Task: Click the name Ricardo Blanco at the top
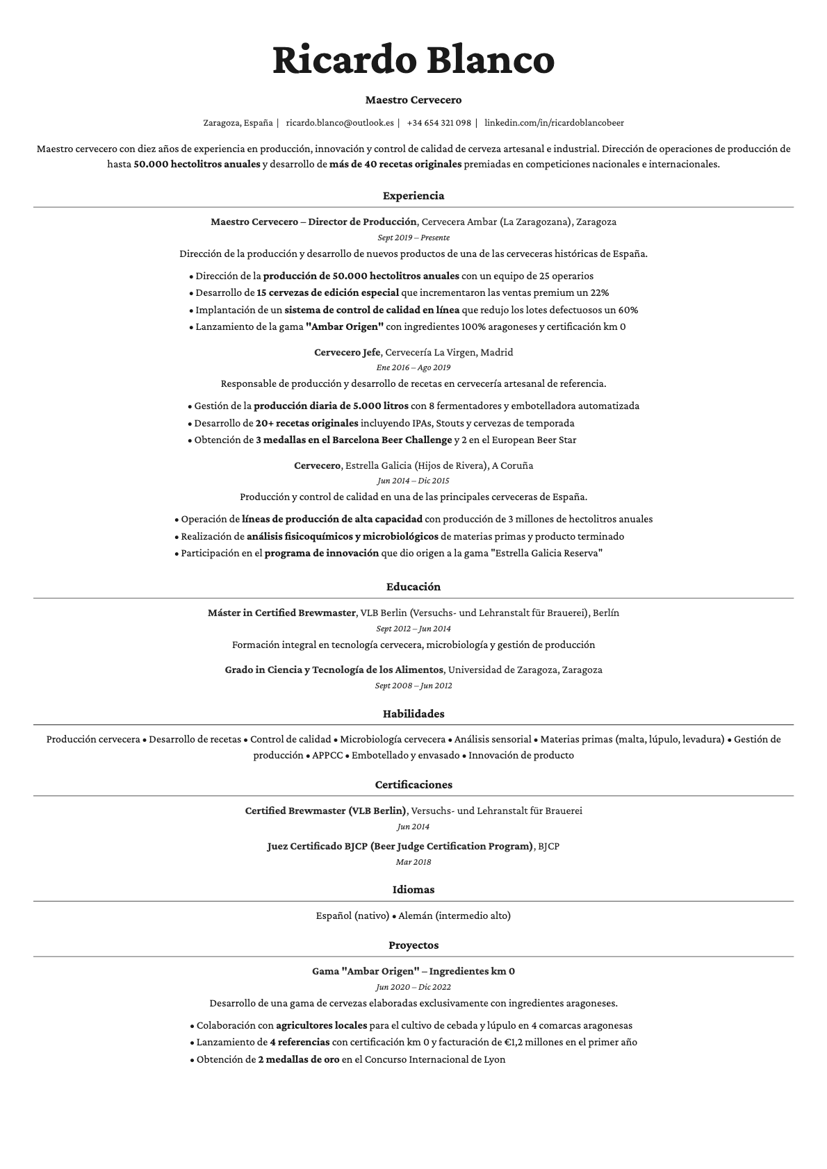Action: [413, 60]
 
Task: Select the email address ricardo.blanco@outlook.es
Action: [340, 123]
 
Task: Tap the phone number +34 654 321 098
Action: [439, 123]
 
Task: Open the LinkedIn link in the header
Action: [554, 123]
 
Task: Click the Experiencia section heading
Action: [413, 196]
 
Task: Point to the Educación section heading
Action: [413, 587]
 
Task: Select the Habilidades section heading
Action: [413, 714]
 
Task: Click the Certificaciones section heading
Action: [413, 785]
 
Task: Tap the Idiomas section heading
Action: [413, 890]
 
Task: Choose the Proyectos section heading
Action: [413, 945]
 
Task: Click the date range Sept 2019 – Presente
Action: [413, 238]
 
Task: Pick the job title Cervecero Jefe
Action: [347, 352]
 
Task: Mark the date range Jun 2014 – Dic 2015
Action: [413, 481]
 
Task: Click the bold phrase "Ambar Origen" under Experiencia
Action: [345, 327]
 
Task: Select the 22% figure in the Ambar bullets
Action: [600, 293]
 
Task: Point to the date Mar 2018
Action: [413, 862]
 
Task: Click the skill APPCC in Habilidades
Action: [327, 756]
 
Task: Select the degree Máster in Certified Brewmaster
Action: [281, 613]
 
